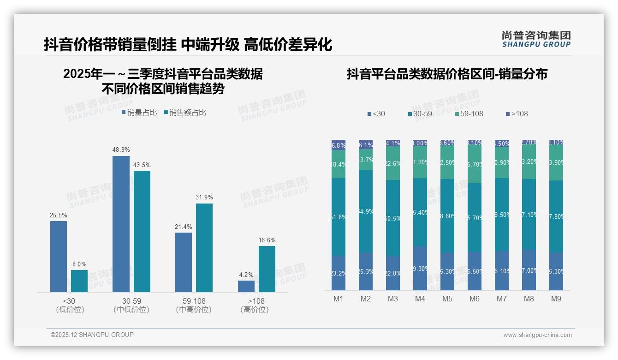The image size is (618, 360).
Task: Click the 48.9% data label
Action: click(121, 150)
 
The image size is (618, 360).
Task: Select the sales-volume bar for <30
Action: click(59, 256)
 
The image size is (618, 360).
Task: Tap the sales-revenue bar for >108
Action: click(267, 269)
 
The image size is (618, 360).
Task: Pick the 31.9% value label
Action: click(204, 197)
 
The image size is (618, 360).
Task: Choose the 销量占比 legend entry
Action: click(139, 112)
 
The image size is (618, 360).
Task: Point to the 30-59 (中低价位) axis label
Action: click(131, 305)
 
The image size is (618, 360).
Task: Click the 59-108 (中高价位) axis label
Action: click(194, 305)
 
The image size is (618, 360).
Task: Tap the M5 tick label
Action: click(447, 299)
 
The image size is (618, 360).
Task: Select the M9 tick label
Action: click(556, 299)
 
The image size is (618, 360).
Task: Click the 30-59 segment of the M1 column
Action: click(339, 217)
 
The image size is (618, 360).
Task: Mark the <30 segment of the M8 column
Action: click(529, 270)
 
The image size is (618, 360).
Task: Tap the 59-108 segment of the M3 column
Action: click(393, 163)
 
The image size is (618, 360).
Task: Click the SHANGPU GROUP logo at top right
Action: click(536, 39)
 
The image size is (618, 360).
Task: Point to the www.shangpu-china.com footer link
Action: click(537, 335)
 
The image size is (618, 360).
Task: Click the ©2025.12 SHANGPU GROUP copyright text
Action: click(92, 335)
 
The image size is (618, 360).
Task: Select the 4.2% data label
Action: click(246, 275)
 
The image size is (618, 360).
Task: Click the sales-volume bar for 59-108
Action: click(184, 262)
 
